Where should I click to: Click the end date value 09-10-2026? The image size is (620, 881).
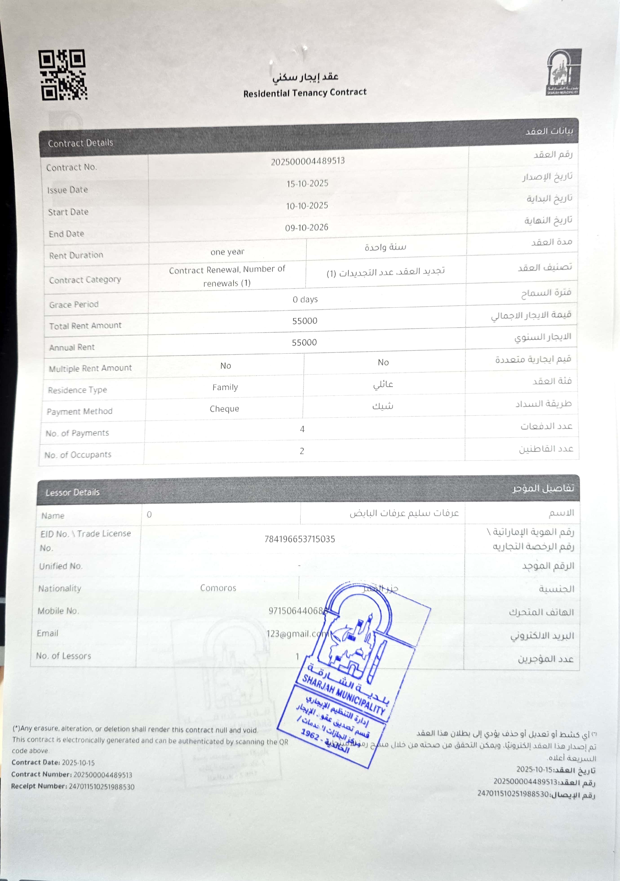pyautogui.click(x=306, y=227)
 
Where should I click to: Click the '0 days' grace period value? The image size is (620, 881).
pyautogui.click(x=305, y=299)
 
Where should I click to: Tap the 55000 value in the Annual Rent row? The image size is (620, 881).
pyautogui.click(x=304, y=342)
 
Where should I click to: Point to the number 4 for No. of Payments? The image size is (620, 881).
pyautogui.click(x=302, y=429)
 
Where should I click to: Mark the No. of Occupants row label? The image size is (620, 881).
pyautogui.click(x=78, y=455)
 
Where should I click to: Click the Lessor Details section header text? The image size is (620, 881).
pyautogui.click(x=73, y=492)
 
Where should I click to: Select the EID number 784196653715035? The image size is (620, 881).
pyautogui.click(x=299, y=539)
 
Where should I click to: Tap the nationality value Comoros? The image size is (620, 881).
pyautogui.click(x=218, y=588)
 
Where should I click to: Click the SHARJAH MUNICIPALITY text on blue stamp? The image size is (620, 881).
pyautogui.click(x=344, y=694)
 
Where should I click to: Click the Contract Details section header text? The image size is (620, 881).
pyautogui.click(x=81, y=143)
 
